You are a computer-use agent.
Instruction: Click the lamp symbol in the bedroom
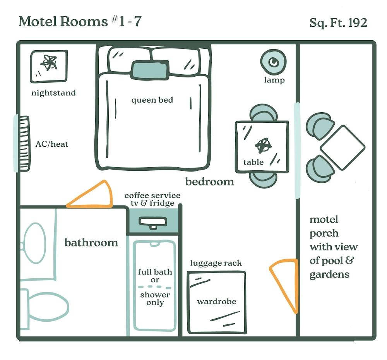273,62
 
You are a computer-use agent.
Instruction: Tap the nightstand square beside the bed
49,67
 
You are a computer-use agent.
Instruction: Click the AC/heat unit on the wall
24,144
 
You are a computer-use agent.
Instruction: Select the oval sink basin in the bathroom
35,243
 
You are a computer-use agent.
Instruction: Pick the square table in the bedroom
262,147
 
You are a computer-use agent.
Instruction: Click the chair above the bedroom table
263,113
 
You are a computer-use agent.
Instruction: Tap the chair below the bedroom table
263,180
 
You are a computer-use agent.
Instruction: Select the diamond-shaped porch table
342,147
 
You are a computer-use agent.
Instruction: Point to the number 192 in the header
358,23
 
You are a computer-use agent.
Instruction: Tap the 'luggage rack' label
216,264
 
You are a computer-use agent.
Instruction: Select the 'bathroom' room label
91,243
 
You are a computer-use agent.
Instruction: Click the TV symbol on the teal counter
153,223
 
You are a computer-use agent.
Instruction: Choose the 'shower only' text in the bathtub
155,298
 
